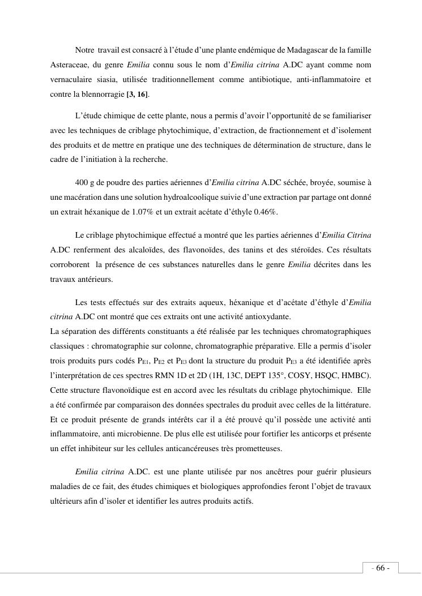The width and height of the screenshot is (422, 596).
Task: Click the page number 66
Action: (x=380, y=568)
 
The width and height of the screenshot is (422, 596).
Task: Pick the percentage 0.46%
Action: (x=265, y=212)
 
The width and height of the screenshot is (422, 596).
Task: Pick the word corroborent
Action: (x=71, y=264)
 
